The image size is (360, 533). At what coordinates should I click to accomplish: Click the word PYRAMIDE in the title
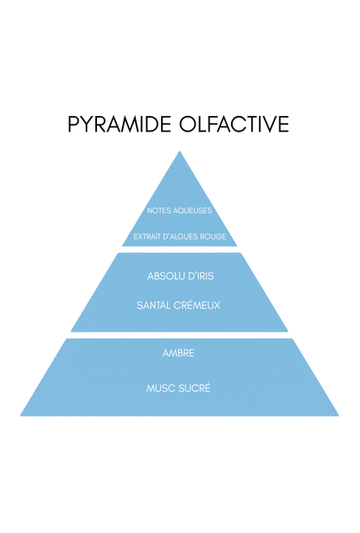[119, 124]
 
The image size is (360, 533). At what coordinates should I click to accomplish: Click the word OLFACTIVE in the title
[235, 124]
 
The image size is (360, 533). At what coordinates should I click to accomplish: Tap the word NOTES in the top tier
[159, 211]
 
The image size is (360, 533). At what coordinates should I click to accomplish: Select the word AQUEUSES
[193, 211]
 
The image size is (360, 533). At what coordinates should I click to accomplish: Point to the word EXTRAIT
[147, 236]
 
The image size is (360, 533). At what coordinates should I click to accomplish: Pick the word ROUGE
[213, 236]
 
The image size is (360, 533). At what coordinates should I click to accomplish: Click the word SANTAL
[154, 305]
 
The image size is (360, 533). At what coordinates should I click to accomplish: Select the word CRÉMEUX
[196, 305]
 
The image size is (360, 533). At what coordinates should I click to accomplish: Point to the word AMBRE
[178, 353]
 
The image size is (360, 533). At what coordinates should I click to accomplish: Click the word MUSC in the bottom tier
[158, 389]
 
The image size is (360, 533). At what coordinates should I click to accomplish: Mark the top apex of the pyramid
[179, 151]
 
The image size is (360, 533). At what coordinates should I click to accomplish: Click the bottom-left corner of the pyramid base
[21, 415]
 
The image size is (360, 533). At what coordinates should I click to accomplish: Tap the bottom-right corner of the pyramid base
[338, 415]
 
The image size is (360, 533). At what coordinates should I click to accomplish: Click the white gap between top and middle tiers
[179, 249]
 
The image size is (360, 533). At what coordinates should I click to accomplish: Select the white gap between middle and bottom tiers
[179, 335]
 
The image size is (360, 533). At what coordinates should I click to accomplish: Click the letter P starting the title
[73, 124]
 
